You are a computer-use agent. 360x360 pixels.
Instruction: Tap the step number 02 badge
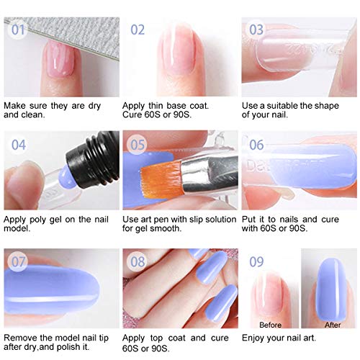point(138,31)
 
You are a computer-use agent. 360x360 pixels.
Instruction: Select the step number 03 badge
point(256,31)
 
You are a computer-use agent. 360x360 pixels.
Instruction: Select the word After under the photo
point(333,325)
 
